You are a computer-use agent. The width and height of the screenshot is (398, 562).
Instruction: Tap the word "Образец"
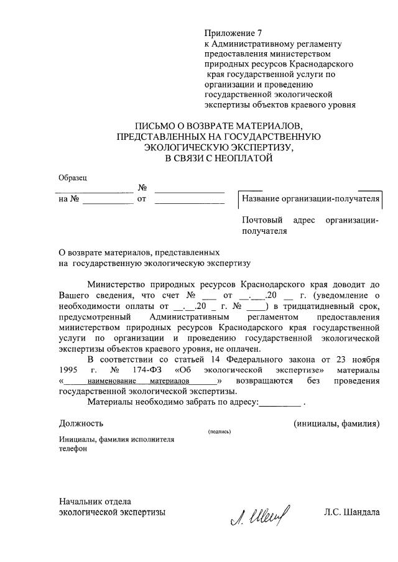[x=73, y=178]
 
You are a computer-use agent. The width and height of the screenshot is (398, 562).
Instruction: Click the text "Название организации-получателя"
[x=310, y=200]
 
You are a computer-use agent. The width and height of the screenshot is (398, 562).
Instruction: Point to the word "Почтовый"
[x=262, y=220]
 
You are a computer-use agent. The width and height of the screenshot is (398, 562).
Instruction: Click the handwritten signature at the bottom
[x=261, y=515]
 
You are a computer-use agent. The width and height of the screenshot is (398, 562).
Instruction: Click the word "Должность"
[x=81, y=423]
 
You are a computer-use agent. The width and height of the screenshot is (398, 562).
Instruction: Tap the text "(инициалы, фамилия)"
[x=336, y=423]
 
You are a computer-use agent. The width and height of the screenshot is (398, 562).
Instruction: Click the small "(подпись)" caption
[x=220, y=431]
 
